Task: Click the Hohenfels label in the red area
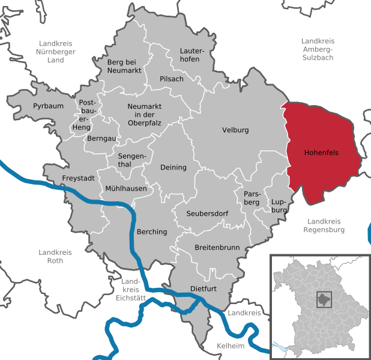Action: [321, 153]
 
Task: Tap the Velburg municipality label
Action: [235, 130]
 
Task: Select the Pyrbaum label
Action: [47, 106]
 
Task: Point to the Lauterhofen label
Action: [192, 56]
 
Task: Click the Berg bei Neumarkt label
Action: [123, 66]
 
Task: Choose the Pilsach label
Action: [172, 79]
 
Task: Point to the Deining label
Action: [173, 167]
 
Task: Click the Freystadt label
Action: [78, 178]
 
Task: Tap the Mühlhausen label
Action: [126, 189]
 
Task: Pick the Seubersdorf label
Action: [207, 213]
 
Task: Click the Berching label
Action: [152, 231]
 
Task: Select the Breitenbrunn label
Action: [217, 247]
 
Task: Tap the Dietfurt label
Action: [203, 288]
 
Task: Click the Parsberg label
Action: [252, 198]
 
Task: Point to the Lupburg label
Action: [280, 206]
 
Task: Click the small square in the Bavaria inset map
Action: [325, 300]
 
